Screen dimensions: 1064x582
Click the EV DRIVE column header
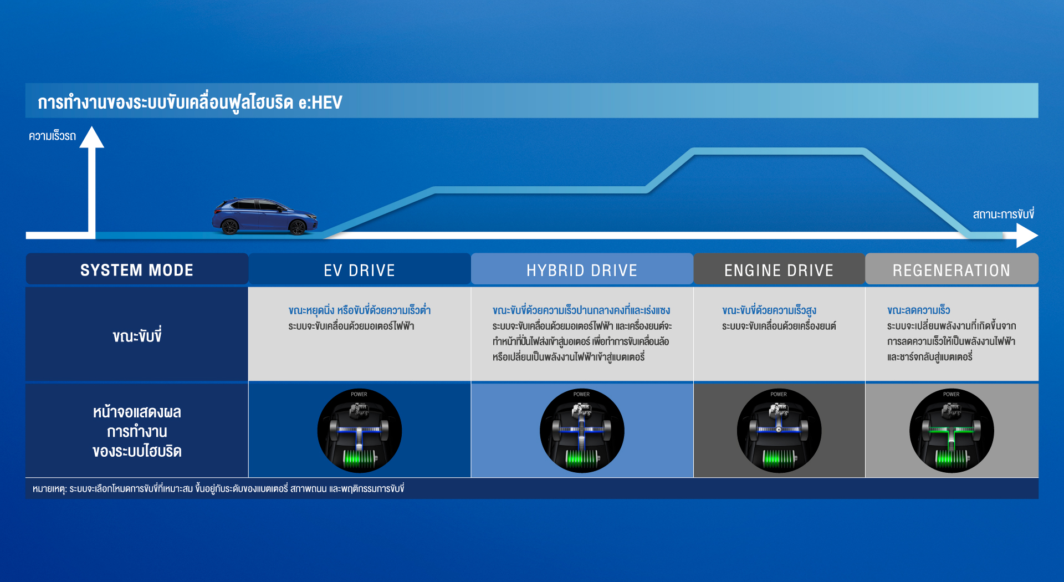click(360, 270)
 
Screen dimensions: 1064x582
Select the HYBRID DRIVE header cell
click(582, 270)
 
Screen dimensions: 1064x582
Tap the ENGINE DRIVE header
click(779, 270)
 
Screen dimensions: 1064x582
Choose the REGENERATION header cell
click(952, 270)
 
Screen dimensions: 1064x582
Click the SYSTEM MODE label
click(137, 270)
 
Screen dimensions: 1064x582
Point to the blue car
click(265, 216)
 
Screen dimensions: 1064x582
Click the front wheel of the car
click(298, 227)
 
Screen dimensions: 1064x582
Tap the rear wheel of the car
click(229, 226)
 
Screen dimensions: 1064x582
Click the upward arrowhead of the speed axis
click(91, 137)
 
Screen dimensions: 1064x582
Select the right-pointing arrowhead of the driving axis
click(1027, 236)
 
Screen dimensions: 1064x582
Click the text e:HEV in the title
click(320, 103)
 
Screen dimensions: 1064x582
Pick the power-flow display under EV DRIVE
click(359, 431)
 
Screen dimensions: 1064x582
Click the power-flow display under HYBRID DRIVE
click(582, 431)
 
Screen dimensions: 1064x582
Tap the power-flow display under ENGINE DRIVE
click(779, 431)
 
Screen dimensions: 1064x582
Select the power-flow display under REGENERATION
click(952, 431)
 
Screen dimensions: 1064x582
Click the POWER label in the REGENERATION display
click(952, 395)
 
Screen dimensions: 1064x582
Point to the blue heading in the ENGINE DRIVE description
click(769, 310)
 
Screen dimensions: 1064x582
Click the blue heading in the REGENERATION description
click(918, 310)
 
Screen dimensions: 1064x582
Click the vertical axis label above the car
click(52, 136)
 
